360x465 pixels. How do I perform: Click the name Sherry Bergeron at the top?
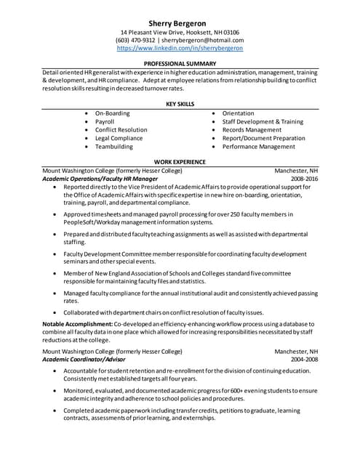[x=180, y=23]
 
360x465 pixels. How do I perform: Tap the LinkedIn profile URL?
[x=180, y=48]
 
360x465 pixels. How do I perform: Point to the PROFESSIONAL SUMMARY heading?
[x=180, y=64]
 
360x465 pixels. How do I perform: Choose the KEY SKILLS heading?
[x=180, y=105]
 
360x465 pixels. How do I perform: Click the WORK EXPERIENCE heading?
[x=180, y=161]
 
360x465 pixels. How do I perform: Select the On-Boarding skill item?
[x=112, y=113]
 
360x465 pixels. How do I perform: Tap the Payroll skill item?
[x=105, y=121]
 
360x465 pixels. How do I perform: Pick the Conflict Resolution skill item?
[x=121, y=130]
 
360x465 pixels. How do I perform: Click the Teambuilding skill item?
[x=114, y=146]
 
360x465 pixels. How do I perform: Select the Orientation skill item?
[x=238, y=113]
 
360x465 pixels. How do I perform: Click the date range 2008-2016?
[x=304, y=178]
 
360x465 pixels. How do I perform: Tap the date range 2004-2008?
[x=304, y=359]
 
